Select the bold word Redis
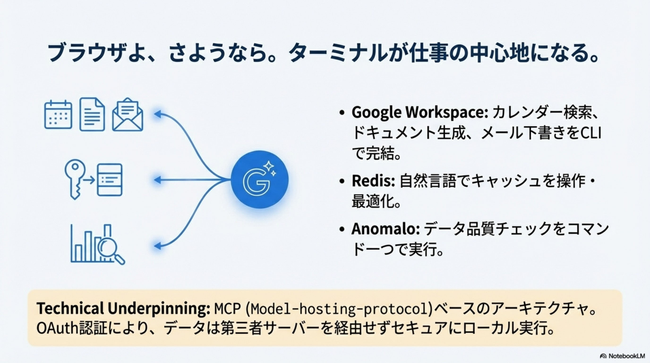373,181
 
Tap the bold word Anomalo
385,229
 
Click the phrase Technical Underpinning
123,308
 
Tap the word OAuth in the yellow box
58,328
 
